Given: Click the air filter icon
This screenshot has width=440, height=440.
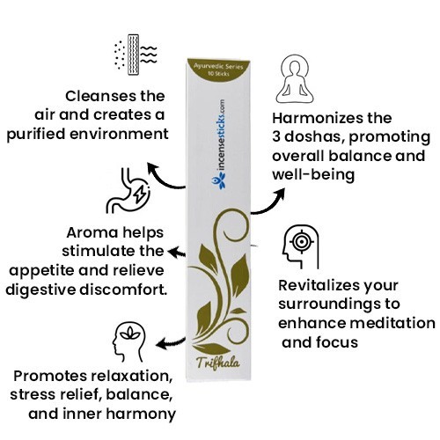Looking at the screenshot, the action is click(136, 55).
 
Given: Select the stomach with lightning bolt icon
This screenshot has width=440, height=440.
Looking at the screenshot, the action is click(128, 190).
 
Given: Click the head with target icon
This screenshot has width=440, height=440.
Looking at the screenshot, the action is click(300, 246).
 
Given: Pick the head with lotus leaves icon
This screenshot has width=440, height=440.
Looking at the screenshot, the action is click(129, 342).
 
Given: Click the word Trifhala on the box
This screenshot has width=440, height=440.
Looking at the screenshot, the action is click(218, 363).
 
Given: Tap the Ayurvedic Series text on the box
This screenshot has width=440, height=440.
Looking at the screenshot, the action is click(218, 66).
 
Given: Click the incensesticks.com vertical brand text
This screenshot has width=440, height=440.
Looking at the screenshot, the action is click(221, 137).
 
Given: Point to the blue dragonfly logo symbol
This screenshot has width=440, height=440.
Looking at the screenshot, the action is click(219, 181).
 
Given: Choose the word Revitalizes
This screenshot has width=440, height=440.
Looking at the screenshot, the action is click(319, 285).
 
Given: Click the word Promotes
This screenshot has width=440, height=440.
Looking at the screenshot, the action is click(50, 377).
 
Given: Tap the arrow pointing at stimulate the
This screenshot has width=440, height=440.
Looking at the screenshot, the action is click(177, 253).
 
